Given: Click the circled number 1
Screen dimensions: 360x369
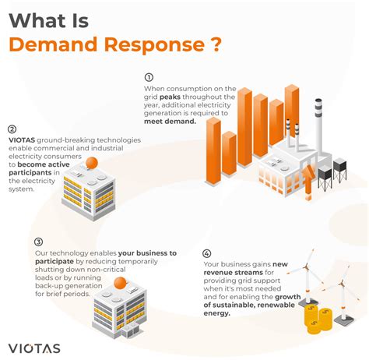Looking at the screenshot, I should click(x=149, y=77).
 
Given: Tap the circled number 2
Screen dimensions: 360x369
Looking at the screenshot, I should click(x=12, y=130).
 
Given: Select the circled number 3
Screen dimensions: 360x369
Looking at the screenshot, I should click(x=38, y=242).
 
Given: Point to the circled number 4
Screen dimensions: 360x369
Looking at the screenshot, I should click(x=206, y=253).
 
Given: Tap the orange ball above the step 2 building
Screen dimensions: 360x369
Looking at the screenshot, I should click(x=91, y=163).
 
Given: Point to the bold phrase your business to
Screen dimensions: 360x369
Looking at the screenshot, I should click(x=148, y=253).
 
